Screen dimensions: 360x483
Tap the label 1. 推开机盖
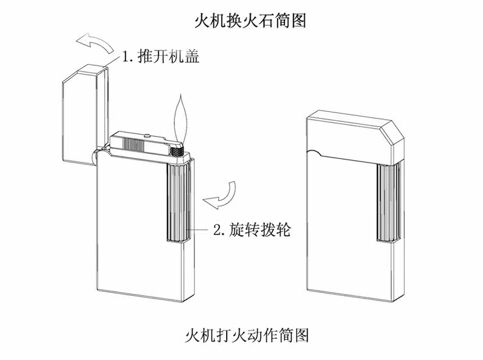[x=160, y=58]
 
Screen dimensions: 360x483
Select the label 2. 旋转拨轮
[x=251, y=230]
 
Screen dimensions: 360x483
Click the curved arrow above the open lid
[x=95, y=44]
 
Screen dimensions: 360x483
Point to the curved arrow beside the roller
[x=221, y=194]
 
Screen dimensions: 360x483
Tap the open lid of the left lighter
[x=82, y=116]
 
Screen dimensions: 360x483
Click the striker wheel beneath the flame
[x=177, y=147]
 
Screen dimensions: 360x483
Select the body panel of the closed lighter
[x=342, y=238]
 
